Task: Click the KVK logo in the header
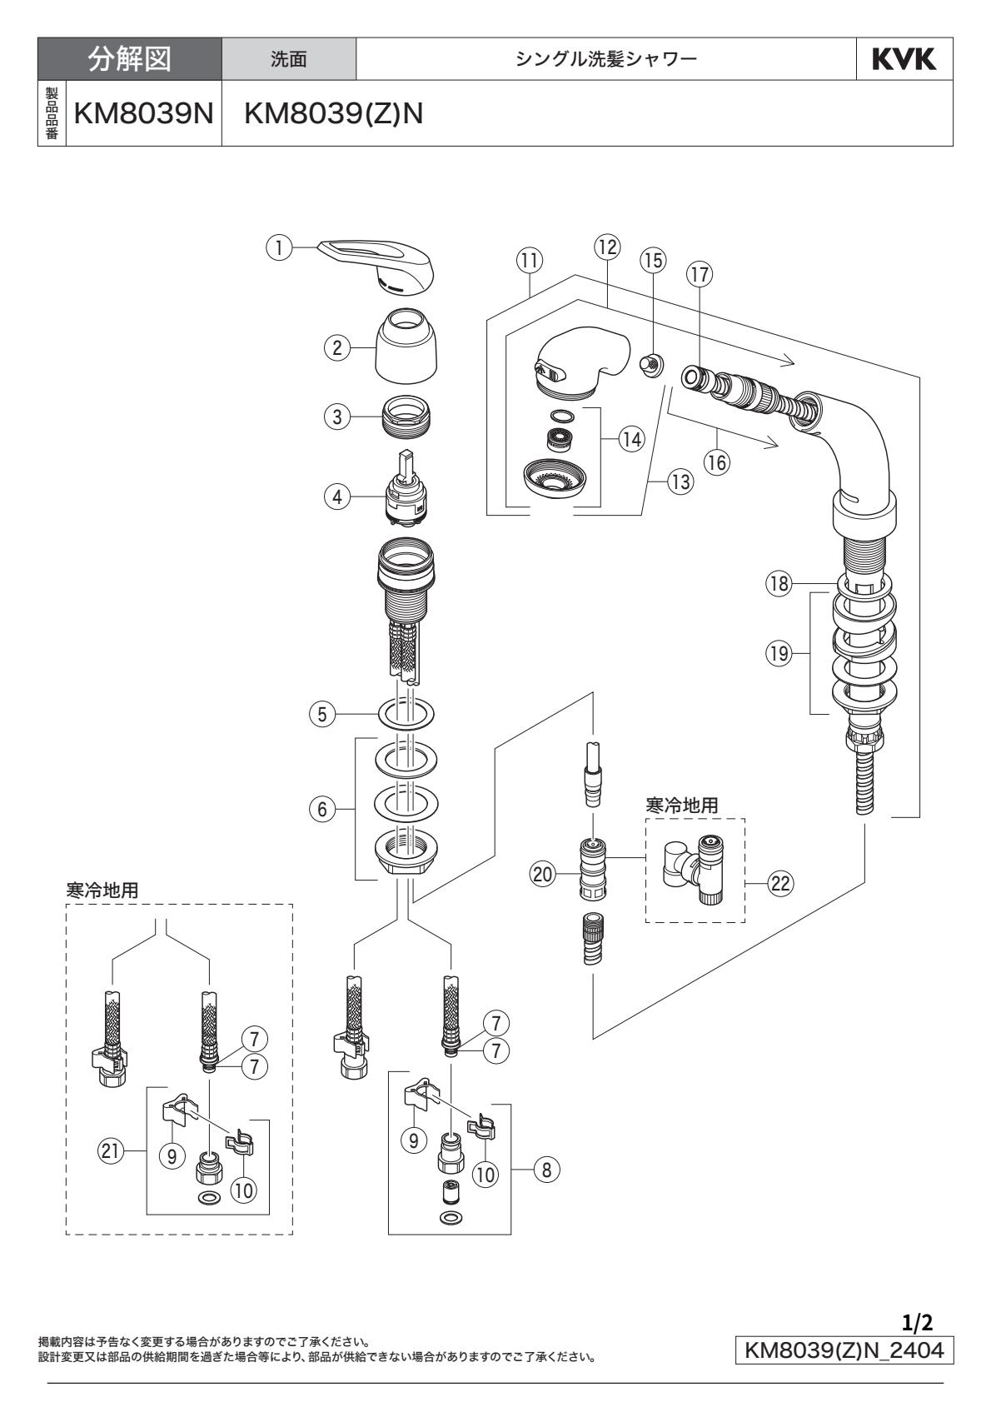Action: (904, 59)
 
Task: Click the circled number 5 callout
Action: (321, 714)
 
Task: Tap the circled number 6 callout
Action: (321, 809)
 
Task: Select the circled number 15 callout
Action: (654, 260)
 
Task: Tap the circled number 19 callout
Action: (779, 654)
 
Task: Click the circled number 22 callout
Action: (779, 884)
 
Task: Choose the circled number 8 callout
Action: (546, 1169)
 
